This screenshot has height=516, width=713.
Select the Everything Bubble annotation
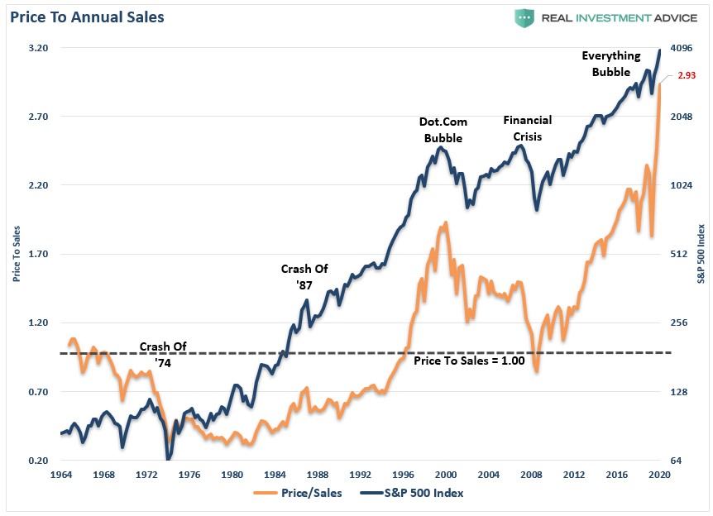(x=610, y=64)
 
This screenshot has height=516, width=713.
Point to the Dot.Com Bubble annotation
(x=443, y=130)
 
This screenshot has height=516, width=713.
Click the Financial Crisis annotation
(x=527, y=128)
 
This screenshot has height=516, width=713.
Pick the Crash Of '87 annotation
(x=304, y=277)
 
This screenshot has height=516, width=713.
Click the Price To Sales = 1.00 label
(x=469, y=361)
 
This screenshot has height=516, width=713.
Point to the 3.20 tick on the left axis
(x=36, y=48)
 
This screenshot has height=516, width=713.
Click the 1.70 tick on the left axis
(x=36, y=254)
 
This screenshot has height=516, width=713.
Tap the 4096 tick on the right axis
(x=682, y=48)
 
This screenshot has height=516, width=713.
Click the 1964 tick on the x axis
(x=60, y=475)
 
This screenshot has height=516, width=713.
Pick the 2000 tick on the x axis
(x=446, y=475)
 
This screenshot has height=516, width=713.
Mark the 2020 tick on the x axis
(x=659, y=475)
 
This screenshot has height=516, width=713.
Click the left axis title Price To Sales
(x=16, y=254)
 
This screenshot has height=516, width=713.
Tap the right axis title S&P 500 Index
(x=700, y=254)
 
